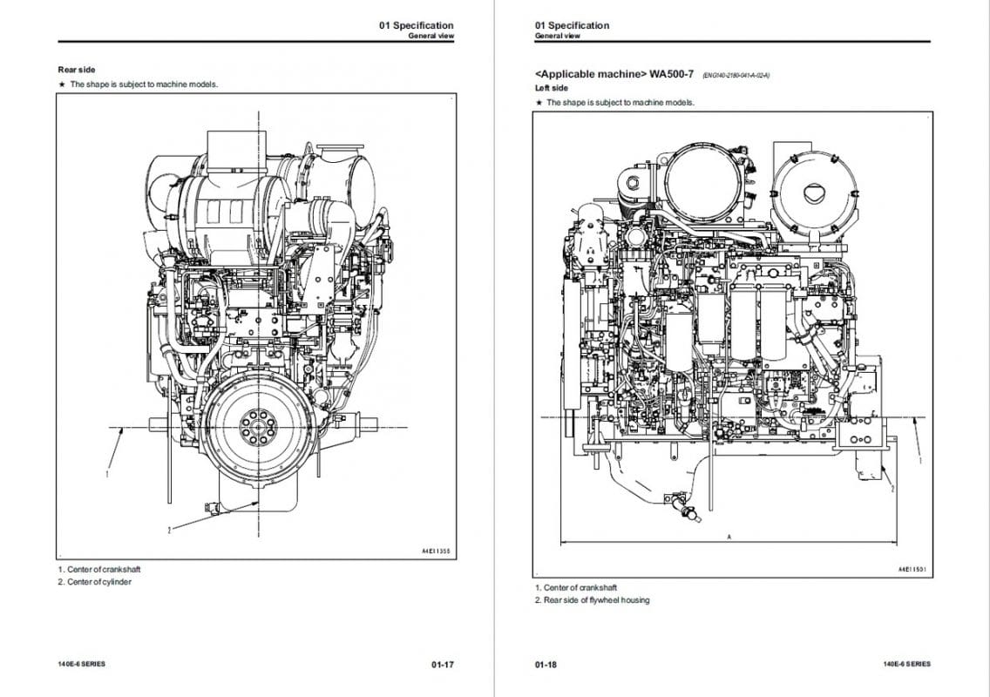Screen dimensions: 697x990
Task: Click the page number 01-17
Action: pos(442,665)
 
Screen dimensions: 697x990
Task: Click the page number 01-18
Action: pos(546,665)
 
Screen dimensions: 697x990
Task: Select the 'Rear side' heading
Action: pos(77,70)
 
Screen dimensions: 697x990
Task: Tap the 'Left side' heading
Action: pos(551,88)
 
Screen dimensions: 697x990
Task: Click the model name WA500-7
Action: pos(671,74)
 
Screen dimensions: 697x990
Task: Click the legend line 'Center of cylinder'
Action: pos(99,582)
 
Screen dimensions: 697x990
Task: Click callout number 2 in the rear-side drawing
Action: pos(169,529)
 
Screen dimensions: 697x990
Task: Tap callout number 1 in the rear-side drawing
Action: pos(107,475)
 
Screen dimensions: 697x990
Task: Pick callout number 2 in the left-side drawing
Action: pos(892,490)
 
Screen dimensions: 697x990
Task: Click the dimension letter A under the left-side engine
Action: pos(729,538)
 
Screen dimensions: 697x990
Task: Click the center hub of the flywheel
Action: pos(257,428)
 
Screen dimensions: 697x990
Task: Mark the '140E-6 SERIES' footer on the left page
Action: pos(81,665)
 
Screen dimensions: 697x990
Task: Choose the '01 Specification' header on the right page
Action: pos(573,25)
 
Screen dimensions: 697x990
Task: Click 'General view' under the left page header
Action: pos(431,37)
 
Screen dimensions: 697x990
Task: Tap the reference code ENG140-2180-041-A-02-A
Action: pos(736,76)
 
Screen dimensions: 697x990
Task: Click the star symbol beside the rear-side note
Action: pos(62,85)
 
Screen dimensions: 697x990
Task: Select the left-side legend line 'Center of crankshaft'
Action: pos(580,588)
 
